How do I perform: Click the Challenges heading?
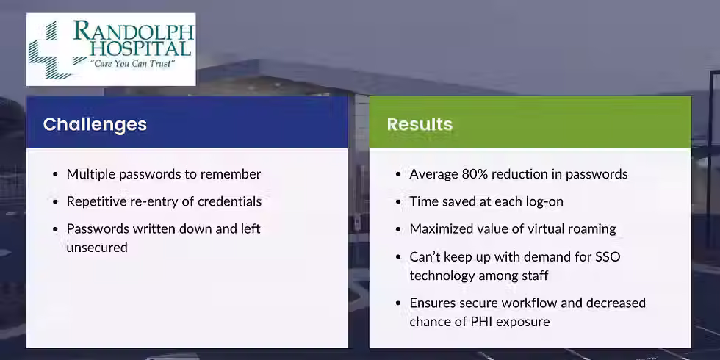pos(95,124)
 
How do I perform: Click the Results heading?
pos(420,124)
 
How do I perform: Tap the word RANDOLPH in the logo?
pos(134,32)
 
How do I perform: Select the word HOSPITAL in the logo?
pos(140,49)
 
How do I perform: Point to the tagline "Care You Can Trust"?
pos(132,64)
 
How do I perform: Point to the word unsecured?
pos(97,248)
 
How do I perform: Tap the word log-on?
pos(544,201)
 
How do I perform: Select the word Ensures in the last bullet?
pos(434,303)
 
